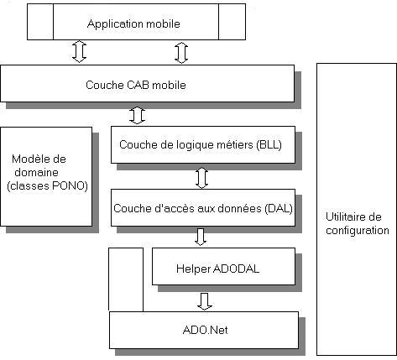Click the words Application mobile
pyautogui.click(x=133, y=24)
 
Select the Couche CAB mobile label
pyautogui.click(x=136, y=85)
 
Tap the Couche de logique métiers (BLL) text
pyautogui.click(x=201, y=145)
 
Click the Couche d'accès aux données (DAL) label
pyautogui.click(x=203, y=208)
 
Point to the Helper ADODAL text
pyautogui.click(x=217, y=269)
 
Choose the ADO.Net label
pyautogui.click(x=205, y=330)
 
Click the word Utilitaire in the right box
pyautogui.click(x=353, y=217)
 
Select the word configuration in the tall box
pyautogui.click(x=358, y=231)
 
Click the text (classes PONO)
pyautogui.click(x=47, y=185)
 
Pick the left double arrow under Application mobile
pyautogui.click(x=79, y=51)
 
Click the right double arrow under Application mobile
pyautogui.click(x=181, y=53)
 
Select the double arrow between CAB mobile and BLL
pyautogui.click(x=137, y=115)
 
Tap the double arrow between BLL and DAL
pyautogui.click(x=201, y=178)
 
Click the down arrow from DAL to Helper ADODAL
pyautogui.click(x=201, y=237)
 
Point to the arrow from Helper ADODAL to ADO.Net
pyautogui.click(x=205, y=301)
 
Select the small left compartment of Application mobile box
pyautogui.click(x=40, y=22)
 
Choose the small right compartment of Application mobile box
pyautogui.click(x=232, y=22)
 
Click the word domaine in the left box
pyautogui.click(x=36, y=172)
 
